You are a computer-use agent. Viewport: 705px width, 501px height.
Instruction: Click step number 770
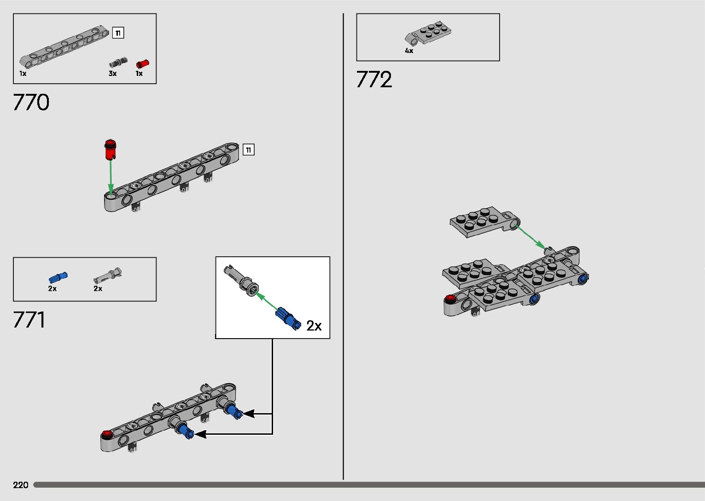[31, 103]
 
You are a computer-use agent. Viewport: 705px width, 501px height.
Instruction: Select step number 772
[374, 80]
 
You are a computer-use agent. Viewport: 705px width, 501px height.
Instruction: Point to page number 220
[21, 485]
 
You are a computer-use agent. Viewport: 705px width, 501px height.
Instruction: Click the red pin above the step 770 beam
[110, 149]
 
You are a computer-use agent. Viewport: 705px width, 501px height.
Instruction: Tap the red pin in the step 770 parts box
[143, 64]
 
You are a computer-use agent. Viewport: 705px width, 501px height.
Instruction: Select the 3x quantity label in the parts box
[113, 74]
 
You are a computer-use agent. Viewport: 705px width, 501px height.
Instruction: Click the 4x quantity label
[409, 51]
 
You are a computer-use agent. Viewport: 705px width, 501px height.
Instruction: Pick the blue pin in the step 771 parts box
[58, 277]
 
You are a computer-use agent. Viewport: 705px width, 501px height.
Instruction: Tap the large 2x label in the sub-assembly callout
[314, 326]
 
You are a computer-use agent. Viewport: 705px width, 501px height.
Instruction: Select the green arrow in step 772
[530, 236]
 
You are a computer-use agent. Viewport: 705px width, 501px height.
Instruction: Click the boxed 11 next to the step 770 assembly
[248, 150]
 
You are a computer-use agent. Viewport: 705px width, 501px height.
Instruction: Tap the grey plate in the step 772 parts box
[428, 34]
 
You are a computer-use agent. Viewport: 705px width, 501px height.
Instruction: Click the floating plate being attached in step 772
[481, 221]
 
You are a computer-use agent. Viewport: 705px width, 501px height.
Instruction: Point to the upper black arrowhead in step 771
[248, 414]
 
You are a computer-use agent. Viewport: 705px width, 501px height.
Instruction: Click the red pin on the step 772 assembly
[450, 298]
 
